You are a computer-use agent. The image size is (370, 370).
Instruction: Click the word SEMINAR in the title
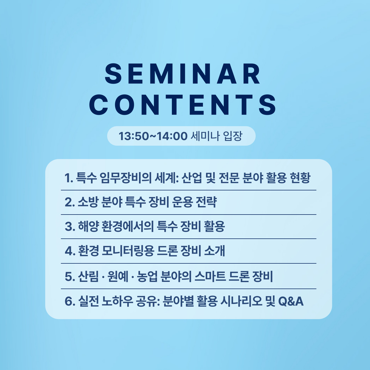183,74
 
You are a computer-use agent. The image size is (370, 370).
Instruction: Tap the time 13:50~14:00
153,136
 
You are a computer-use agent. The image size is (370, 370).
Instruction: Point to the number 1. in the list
69,178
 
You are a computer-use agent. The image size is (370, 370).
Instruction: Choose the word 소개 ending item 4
214,251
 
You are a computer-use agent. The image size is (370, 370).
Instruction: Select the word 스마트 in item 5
210,276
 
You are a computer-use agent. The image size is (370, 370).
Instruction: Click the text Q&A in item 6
291,301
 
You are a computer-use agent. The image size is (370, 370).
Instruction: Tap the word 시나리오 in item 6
241,301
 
